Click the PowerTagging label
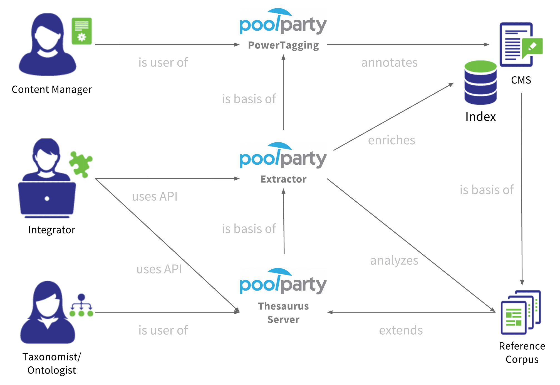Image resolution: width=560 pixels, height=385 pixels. pos(283,45)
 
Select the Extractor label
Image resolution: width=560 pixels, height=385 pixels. pos(283,179)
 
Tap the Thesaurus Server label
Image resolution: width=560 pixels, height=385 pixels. pos(283,313)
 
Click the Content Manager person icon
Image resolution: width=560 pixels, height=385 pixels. pos(48,45)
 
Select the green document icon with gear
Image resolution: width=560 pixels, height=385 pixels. pos(81,31)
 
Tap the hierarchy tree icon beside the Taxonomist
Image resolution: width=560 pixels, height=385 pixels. pos(81,306)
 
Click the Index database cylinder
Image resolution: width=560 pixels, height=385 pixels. pos(480,83)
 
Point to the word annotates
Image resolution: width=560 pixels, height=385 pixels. pos(389,63)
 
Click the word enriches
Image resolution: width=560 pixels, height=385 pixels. pos(391,140)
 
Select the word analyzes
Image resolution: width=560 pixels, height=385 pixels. pos(394,261)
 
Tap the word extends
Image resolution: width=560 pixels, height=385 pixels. pos(401,330)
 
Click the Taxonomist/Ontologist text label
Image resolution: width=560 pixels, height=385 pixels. pos(52,364)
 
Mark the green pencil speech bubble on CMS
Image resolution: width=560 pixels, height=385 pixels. pos(532,47)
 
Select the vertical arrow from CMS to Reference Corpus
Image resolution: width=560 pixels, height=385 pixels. pos(522,189)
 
